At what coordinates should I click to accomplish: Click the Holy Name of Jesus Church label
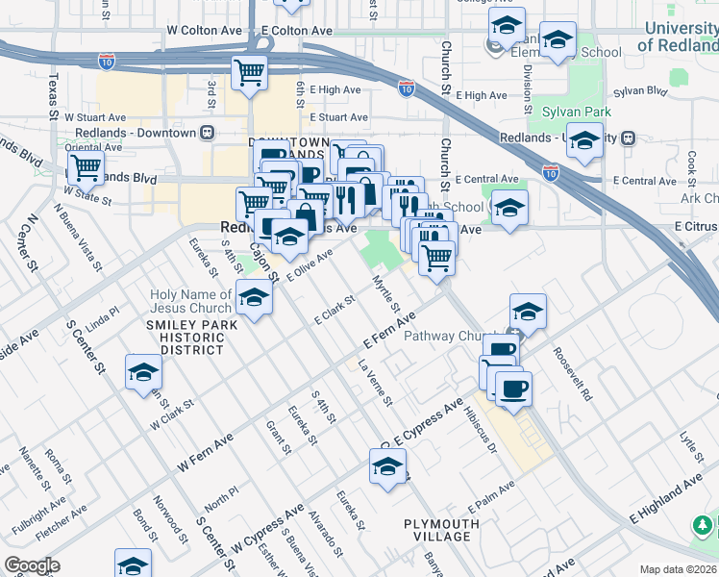coord(190,302)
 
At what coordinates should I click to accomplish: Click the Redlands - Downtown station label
coord(135,132)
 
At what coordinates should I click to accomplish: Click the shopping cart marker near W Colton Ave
coord(249,72)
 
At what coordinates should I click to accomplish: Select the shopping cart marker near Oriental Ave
coord(86,167)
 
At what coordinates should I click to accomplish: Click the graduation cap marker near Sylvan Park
coord(584,141)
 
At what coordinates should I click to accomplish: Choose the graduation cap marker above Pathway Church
coord(528,311)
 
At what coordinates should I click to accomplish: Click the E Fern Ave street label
coord(387,332)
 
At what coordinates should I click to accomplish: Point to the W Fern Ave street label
coord(205,452)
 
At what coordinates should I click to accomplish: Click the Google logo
coord(32,565)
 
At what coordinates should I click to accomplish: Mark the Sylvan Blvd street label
coord(644,91)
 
